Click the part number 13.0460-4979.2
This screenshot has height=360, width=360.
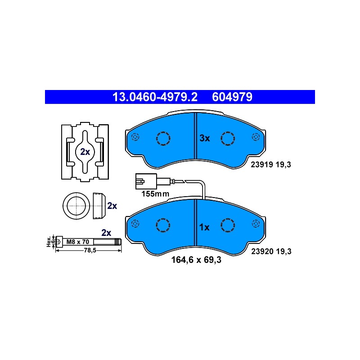155,97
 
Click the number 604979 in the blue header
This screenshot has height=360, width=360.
232,97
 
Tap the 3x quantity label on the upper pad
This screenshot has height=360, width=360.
205,138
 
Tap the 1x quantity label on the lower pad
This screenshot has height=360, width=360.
204,227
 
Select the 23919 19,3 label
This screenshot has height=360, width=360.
271,165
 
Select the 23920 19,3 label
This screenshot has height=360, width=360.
271,252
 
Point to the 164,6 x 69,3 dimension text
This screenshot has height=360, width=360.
196,260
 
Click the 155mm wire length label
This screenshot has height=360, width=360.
155,194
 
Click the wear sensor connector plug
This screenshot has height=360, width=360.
146,181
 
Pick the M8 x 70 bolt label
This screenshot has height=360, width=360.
77,242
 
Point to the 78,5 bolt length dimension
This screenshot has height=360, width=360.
90,250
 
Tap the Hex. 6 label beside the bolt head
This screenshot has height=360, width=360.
51,242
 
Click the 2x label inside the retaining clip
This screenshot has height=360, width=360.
85,152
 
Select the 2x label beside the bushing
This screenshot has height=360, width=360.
112,206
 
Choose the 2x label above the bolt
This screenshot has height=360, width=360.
106,233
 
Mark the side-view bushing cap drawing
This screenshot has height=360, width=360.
99,206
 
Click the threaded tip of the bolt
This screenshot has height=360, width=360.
118,242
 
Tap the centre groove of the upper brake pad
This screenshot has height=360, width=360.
196,136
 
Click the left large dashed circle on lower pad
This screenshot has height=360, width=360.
163,225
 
